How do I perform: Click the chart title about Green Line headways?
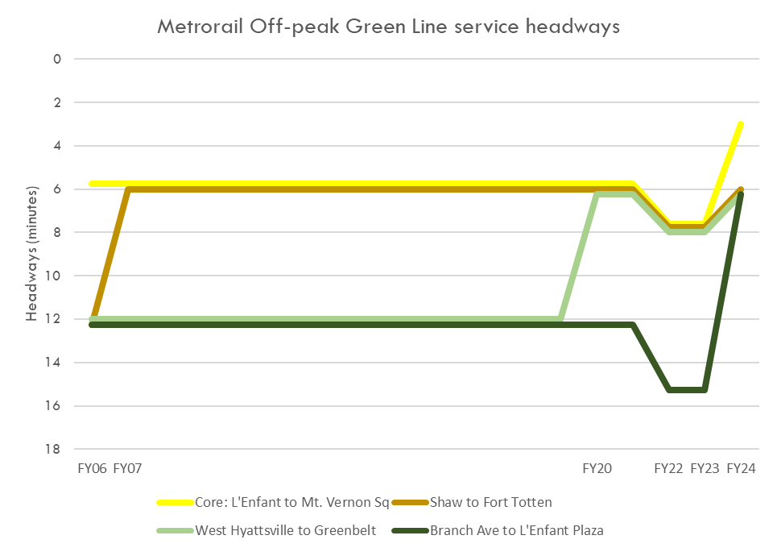click(388, 27)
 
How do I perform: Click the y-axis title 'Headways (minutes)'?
click(31, 254)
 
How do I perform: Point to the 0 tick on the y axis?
click(57, 59)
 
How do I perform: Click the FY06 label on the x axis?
click(93, 468)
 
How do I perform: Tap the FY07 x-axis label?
click(128, 468)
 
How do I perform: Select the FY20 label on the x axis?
click(597, 468)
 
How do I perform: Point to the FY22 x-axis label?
click(669, 468)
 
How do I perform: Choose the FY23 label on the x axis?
click(705, 468)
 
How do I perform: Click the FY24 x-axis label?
click(741, 468)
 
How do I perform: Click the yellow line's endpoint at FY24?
click(741, 124)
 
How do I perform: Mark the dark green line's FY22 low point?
click(669, 390)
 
